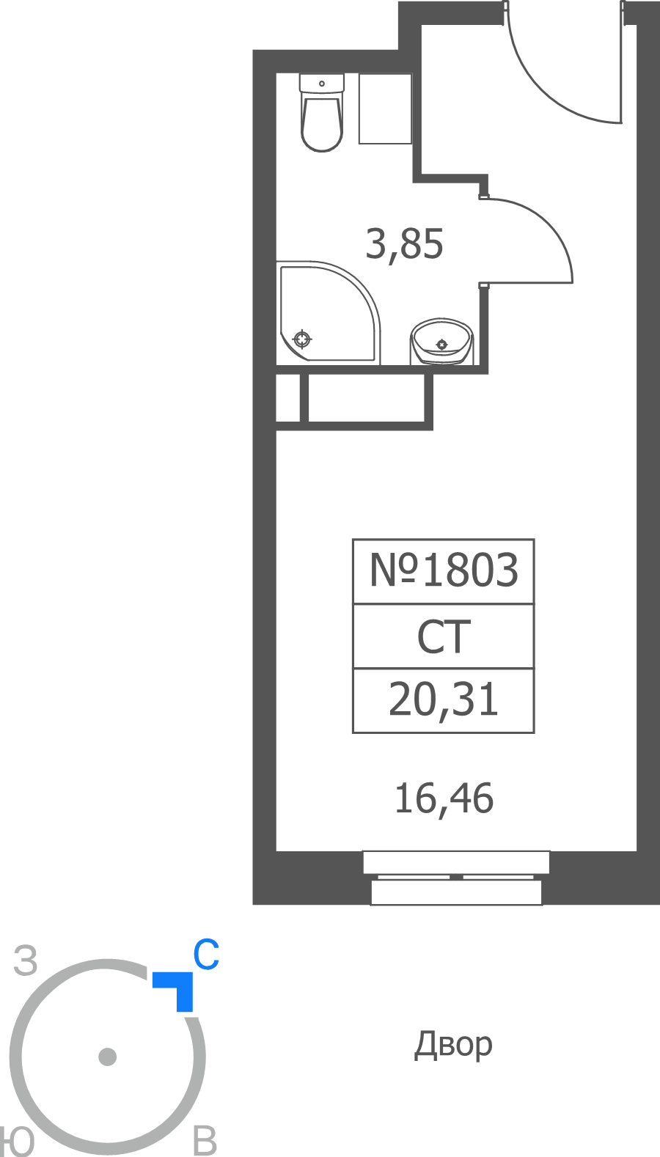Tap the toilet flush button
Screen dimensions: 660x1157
pos(322,83)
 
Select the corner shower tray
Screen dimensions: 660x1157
pos(329,312)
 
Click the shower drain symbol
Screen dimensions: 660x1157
pos(302,339)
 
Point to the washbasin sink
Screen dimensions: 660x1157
pos(441,341)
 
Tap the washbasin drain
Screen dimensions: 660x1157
pos(441,344)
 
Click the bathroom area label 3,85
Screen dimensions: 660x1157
pos(404,244)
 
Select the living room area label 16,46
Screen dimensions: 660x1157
pos(444,798)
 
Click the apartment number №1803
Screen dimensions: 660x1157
pos(444,570)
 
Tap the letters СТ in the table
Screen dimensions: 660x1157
pos(444,637)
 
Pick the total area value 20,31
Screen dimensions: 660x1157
pos(444,700)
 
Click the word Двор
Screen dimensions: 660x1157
pos(453,1044)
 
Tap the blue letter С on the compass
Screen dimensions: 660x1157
pos(206,955)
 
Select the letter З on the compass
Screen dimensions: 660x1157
pos(26,961)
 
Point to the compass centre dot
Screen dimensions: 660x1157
pos(107,1057)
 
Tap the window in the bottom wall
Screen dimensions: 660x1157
pos(456,878)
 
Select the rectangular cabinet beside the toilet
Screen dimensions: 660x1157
pos(385,109)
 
